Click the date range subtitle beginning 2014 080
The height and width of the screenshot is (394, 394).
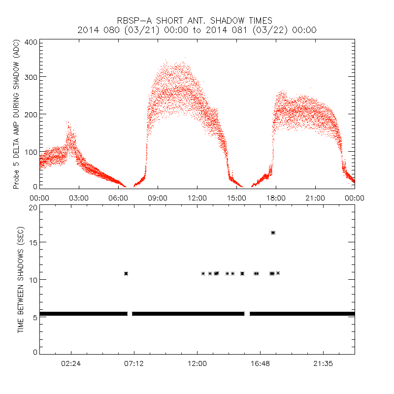[x=197, y=30]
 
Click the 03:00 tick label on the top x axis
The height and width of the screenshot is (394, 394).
[x=79, y=198]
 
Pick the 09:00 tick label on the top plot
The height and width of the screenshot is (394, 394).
[x=158, y=198]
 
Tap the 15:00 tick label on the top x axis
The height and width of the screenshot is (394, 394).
[x=236, y=198]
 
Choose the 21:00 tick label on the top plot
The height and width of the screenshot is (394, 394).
[x=315, y=198]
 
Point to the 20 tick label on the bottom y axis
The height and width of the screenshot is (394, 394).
[x=33, y=207]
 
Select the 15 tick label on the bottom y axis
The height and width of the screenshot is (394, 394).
[x=33, y=242]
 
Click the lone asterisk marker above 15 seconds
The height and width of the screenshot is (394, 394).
[x=273, y=232]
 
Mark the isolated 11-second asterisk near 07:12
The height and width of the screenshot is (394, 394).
[x=126, y=273]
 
